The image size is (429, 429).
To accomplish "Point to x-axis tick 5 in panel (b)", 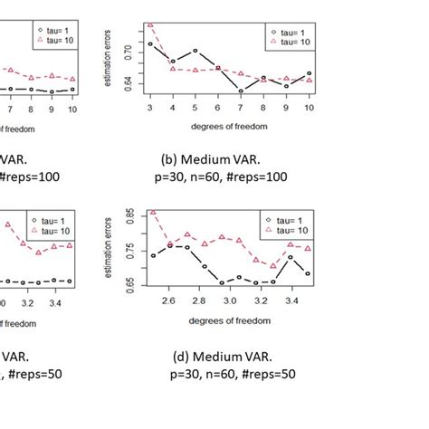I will [195, 108].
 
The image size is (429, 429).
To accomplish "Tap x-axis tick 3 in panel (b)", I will [149, 108].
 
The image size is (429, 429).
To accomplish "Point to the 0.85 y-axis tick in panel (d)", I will [128, 216].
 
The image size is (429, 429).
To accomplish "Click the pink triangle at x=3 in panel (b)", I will [149, 25].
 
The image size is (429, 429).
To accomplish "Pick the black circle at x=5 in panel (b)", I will [195, 51].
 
